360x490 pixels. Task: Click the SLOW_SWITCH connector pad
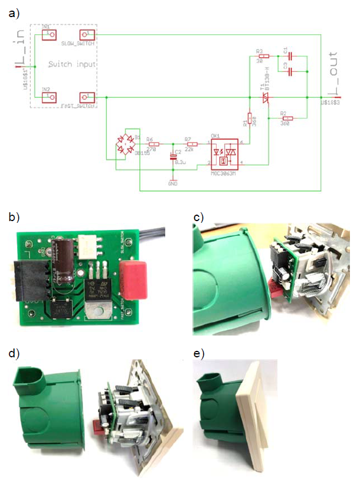87,35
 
